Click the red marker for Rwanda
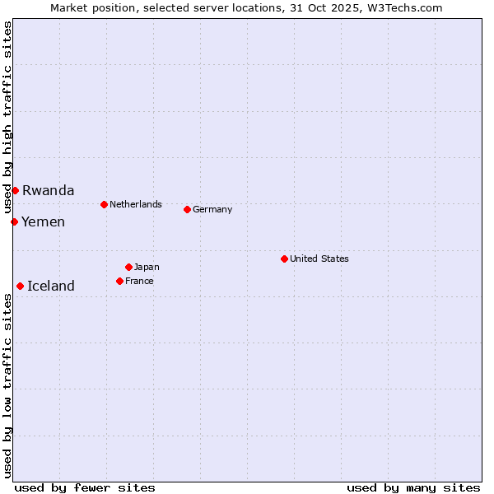15,190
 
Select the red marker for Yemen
14,221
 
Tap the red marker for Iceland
20,286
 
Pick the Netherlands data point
104,204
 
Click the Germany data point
187,209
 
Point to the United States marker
284,259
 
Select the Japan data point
128,267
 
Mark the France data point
119,281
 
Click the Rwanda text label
48,190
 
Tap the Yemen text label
43,221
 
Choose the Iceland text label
51,286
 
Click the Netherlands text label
136,204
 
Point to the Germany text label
212,209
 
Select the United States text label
319,259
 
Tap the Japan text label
147,267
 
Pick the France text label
139,281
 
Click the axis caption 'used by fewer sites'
85,487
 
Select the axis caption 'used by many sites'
413,487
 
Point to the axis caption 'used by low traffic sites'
7,385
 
